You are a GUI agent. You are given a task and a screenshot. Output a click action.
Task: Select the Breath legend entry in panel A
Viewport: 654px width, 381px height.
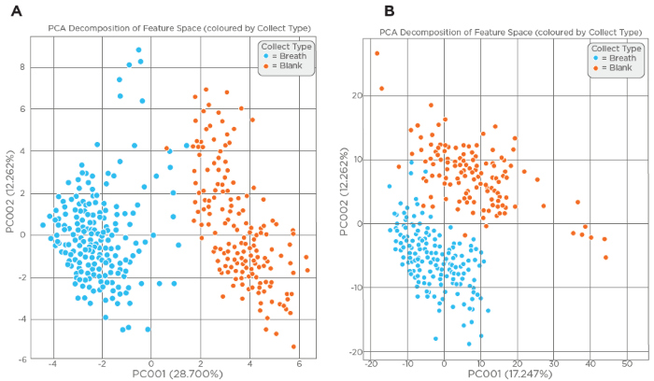point(284,56)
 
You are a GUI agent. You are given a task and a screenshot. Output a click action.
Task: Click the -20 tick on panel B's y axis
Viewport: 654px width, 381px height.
point(356,352)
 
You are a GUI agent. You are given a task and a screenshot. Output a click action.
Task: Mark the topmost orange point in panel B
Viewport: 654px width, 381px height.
point(377,53)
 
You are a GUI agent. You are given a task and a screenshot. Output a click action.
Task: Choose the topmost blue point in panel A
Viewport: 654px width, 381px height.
point(138,50)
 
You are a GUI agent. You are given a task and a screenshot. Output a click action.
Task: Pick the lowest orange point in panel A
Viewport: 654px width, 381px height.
point(293,346)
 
